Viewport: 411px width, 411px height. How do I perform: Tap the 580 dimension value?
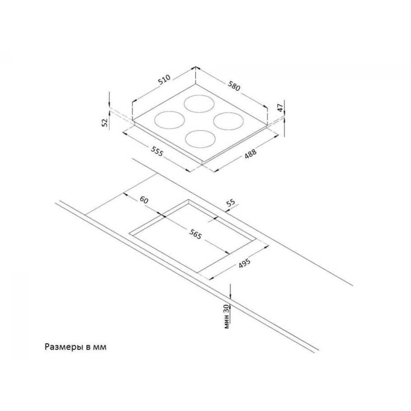(x=234, y=86)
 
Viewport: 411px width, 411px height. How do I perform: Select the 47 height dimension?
(x=280, y=108)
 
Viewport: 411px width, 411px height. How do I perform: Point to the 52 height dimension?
(x=105, y=122)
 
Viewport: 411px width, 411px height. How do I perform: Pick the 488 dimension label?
(x=251, y=154)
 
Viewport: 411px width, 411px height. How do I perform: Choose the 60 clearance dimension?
(x=144, y=200)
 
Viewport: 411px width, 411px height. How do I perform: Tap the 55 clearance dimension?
(x=231, y=203)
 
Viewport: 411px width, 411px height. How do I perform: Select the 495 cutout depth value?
(x=244, y=263)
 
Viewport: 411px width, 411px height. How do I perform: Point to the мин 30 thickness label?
(x=227, y=317)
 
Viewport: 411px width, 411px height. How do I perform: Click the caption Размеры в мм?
(x=75, y=347)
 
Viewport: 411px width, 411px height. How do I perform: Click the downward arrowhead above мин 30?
(x=230, y=296)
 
